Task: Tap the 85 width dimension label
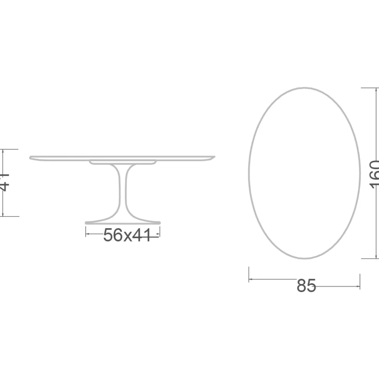(x=306, y=286)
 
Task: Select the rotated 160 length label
(x=374, y=174)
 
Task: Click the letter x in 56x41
(x=127, y=236)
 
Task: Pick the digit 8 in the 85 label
(x=302, y=286)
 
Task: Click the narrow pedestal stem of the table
(x=123, y=191)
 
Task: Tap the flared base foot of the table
(x=123, y=222)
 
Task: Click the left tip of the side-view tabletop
(x=31, y=157)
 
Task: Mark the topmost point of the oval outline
(x=304, y=88)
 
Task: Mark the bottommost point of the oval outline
(x=304, y=258)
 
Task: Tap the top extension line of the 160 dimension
(x=369, y=88)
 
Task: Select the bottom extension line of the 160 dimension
(x=369, y=258)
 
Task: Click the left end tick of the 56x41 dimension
(x=86, y=232)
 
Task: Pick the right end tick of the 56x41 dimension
(x=160, y=232)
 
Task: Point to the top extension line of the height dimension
(x=10, y=149)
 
